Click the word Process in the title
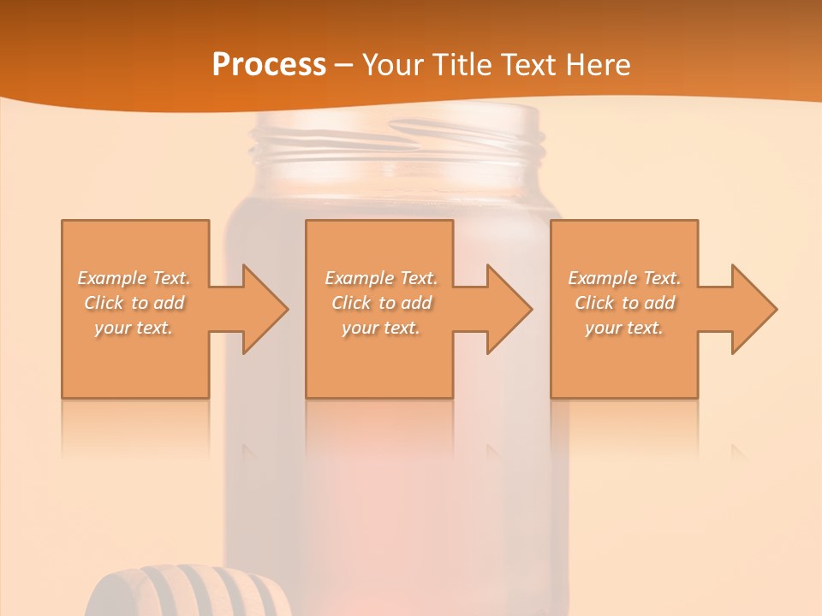tap(269, 65)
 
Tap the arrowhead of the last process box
tap(753, 309)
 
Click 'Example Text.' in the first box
tap(134, 278)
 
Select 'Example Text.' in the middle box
tap(380, 278)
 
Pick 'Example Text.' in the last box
tap(624, 278)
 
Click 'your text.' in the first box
tap(134, 328)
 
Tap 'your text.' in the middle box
tap(380, 328)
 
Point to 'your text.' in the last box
tap(624, 328)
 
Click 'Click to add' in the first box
tap(134, 303)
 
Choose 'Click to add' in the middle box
tap(380, 303)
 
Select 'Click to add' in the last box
tap(624, 303)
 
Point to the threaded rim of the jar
tap(396, 141)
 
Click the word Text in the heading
tap(529, 65)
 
